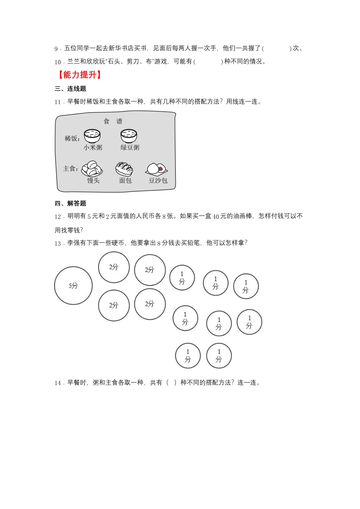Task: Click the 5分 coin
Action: [x=73, y=286]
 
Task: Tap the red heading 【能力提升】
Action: [x=79, y=75]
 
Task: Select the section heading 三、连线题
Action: [x=70, y=89]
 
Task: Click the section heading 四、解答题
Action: [x=70, y=203]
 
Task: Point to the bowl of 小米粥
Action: [x=92, y=136]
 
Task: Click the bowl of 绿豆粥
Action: [x=129, y=136]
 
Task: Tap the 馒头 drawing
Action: [x=92, y=169]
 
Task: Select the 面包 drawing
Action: [x=124, y=169]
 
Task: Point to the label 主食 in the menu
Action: [x=70, y=169]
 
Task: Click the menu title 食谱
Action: [x=113, y=121]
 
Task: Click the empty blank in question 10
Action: [x=208, y=61]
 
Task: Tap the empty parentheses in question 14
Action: [x=171, y=383]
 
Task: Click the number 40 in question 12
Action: [x=216, y=217]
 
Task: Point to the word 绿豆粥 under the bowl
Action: [x=130, y=147]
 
